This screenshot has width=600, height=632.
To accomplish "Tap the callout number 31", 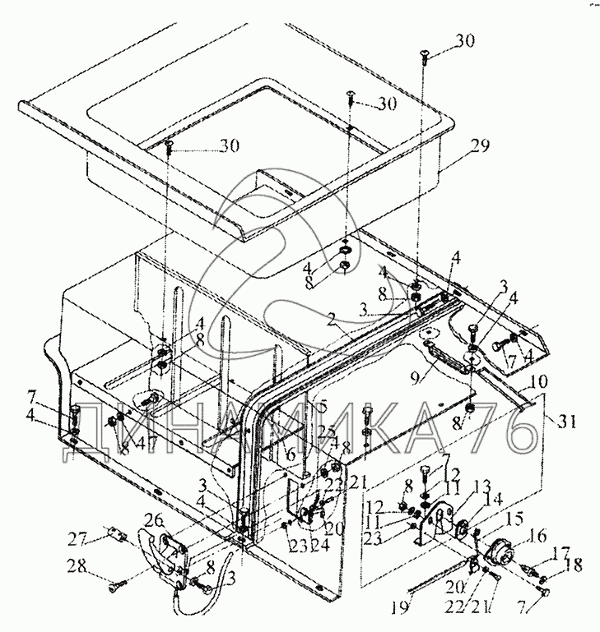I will [x=565, y=423].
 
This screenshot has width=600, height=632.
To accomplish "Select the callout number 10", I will [x=538, y=383].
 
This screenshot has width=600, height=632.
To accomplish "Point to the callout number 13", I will [x=458, y=485].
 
